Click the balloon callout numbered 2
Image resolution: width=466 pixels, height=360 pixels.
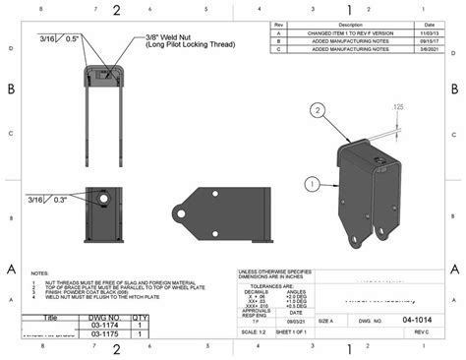pyautogui.click(x=318, y=111)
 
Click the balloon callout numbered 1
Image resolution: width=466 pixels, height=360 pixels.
pyautogui.click(x=312, y=183)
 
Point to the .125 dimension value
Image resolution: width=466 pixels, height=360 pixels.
pyautogui.click(x=397, y=106)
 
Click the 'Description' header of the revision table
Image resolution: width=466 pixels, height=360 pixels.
pyautogui.click(x=350, y=24)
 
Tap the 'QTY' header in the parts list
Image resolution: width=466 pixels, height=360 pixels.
pyautogui.click(x=140, y=317)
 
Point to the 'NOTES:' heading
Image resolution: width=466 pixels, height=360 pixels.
pyautogui.click(x=40, y=273)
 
